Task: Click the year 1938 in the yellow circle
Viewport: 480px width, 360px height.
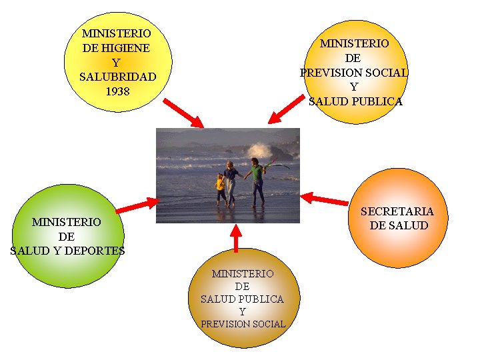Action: (117, 91)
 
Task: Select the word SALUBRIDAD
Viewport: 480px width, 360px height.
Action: (117, 77)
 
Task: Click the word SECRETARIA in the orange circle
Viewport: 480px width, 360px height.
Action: (397, 211)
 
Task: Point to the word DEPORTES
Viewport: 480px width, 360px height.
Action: (98, 251)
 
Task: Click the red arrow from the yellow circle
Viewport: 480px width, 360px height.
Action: (183, 113)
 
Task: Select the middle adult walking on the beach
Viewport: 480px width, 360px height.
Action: (231, 181)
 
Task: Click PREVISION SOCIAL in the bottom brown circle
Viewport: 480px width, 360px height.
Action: (243, 324)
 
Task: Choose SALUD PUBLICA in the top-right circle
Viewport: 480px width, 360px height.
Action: (355, 101)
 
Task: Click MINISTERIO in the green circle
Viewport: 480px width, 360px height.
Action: (67, 222)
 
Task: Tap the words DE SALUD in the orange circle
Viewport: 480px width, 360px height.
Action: (399, 225)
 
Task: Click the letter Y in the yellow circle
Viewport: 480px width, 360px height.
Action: (116, 63)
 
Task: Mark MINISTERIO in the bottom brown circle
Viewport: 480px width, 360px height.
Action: (243, 273)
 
